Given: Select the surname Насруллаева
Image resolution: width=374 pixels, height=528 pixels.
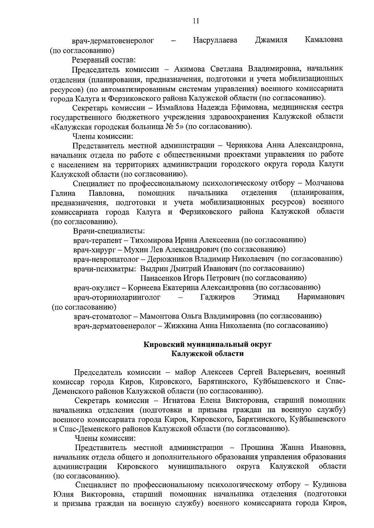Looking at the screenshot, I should pyautogui.click(x=215, y=40).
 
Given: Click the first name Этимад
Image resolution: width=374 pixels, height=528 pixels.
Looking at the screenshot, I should pyautogui.click(x=266, y=297).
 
